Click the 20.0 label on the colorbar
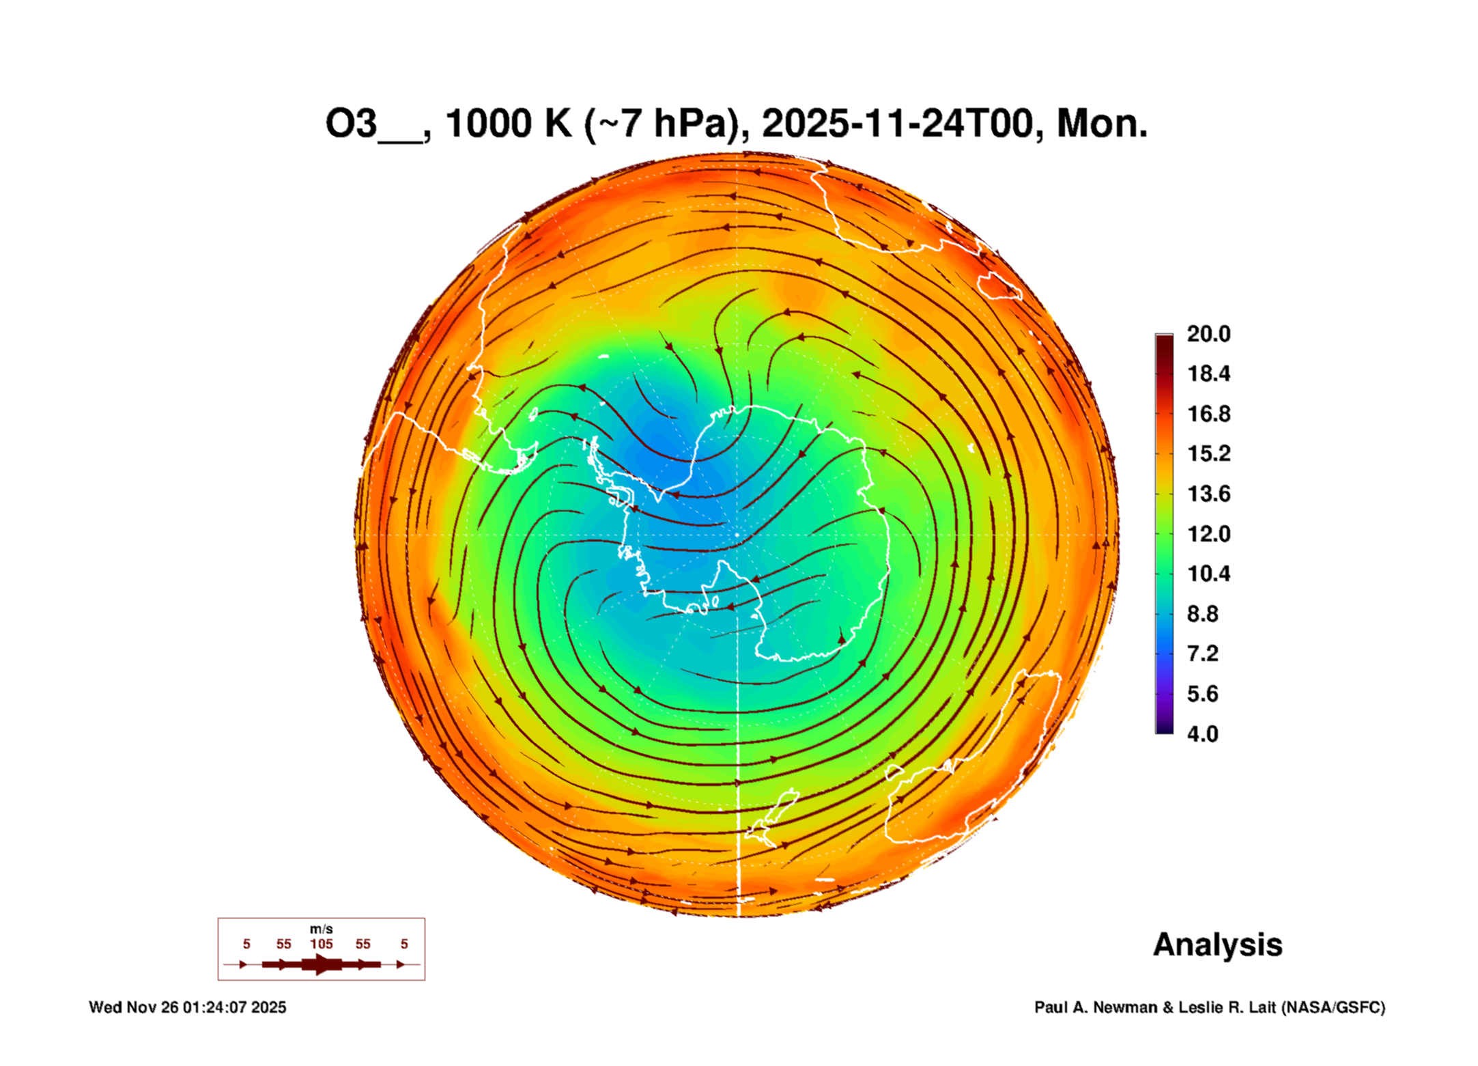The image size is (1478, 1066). point(1208,334)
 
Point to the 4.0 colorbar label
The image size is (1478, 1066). point(1202,734)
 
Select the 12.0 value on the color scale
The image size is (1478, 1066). point(1208,534)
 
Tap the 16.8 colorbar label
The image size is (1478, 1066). point(1208,414)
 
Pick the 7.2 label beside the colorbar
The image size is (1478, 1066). point(1202,654)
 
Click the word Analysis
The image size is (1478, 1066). point(1217,944)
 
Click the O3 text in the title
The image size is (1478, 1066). point(351,124)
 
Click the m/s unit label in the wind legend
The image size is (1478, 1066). point(321,929)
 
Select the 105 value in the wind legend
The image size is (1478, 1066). point(321,944)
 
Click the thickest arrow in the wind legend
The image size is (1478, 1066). point(322,964)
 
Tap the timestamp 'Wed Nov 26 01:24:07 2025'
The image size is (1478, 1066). point(188,1007)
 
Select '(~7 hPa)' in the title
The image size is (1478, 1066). point(662,124)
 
